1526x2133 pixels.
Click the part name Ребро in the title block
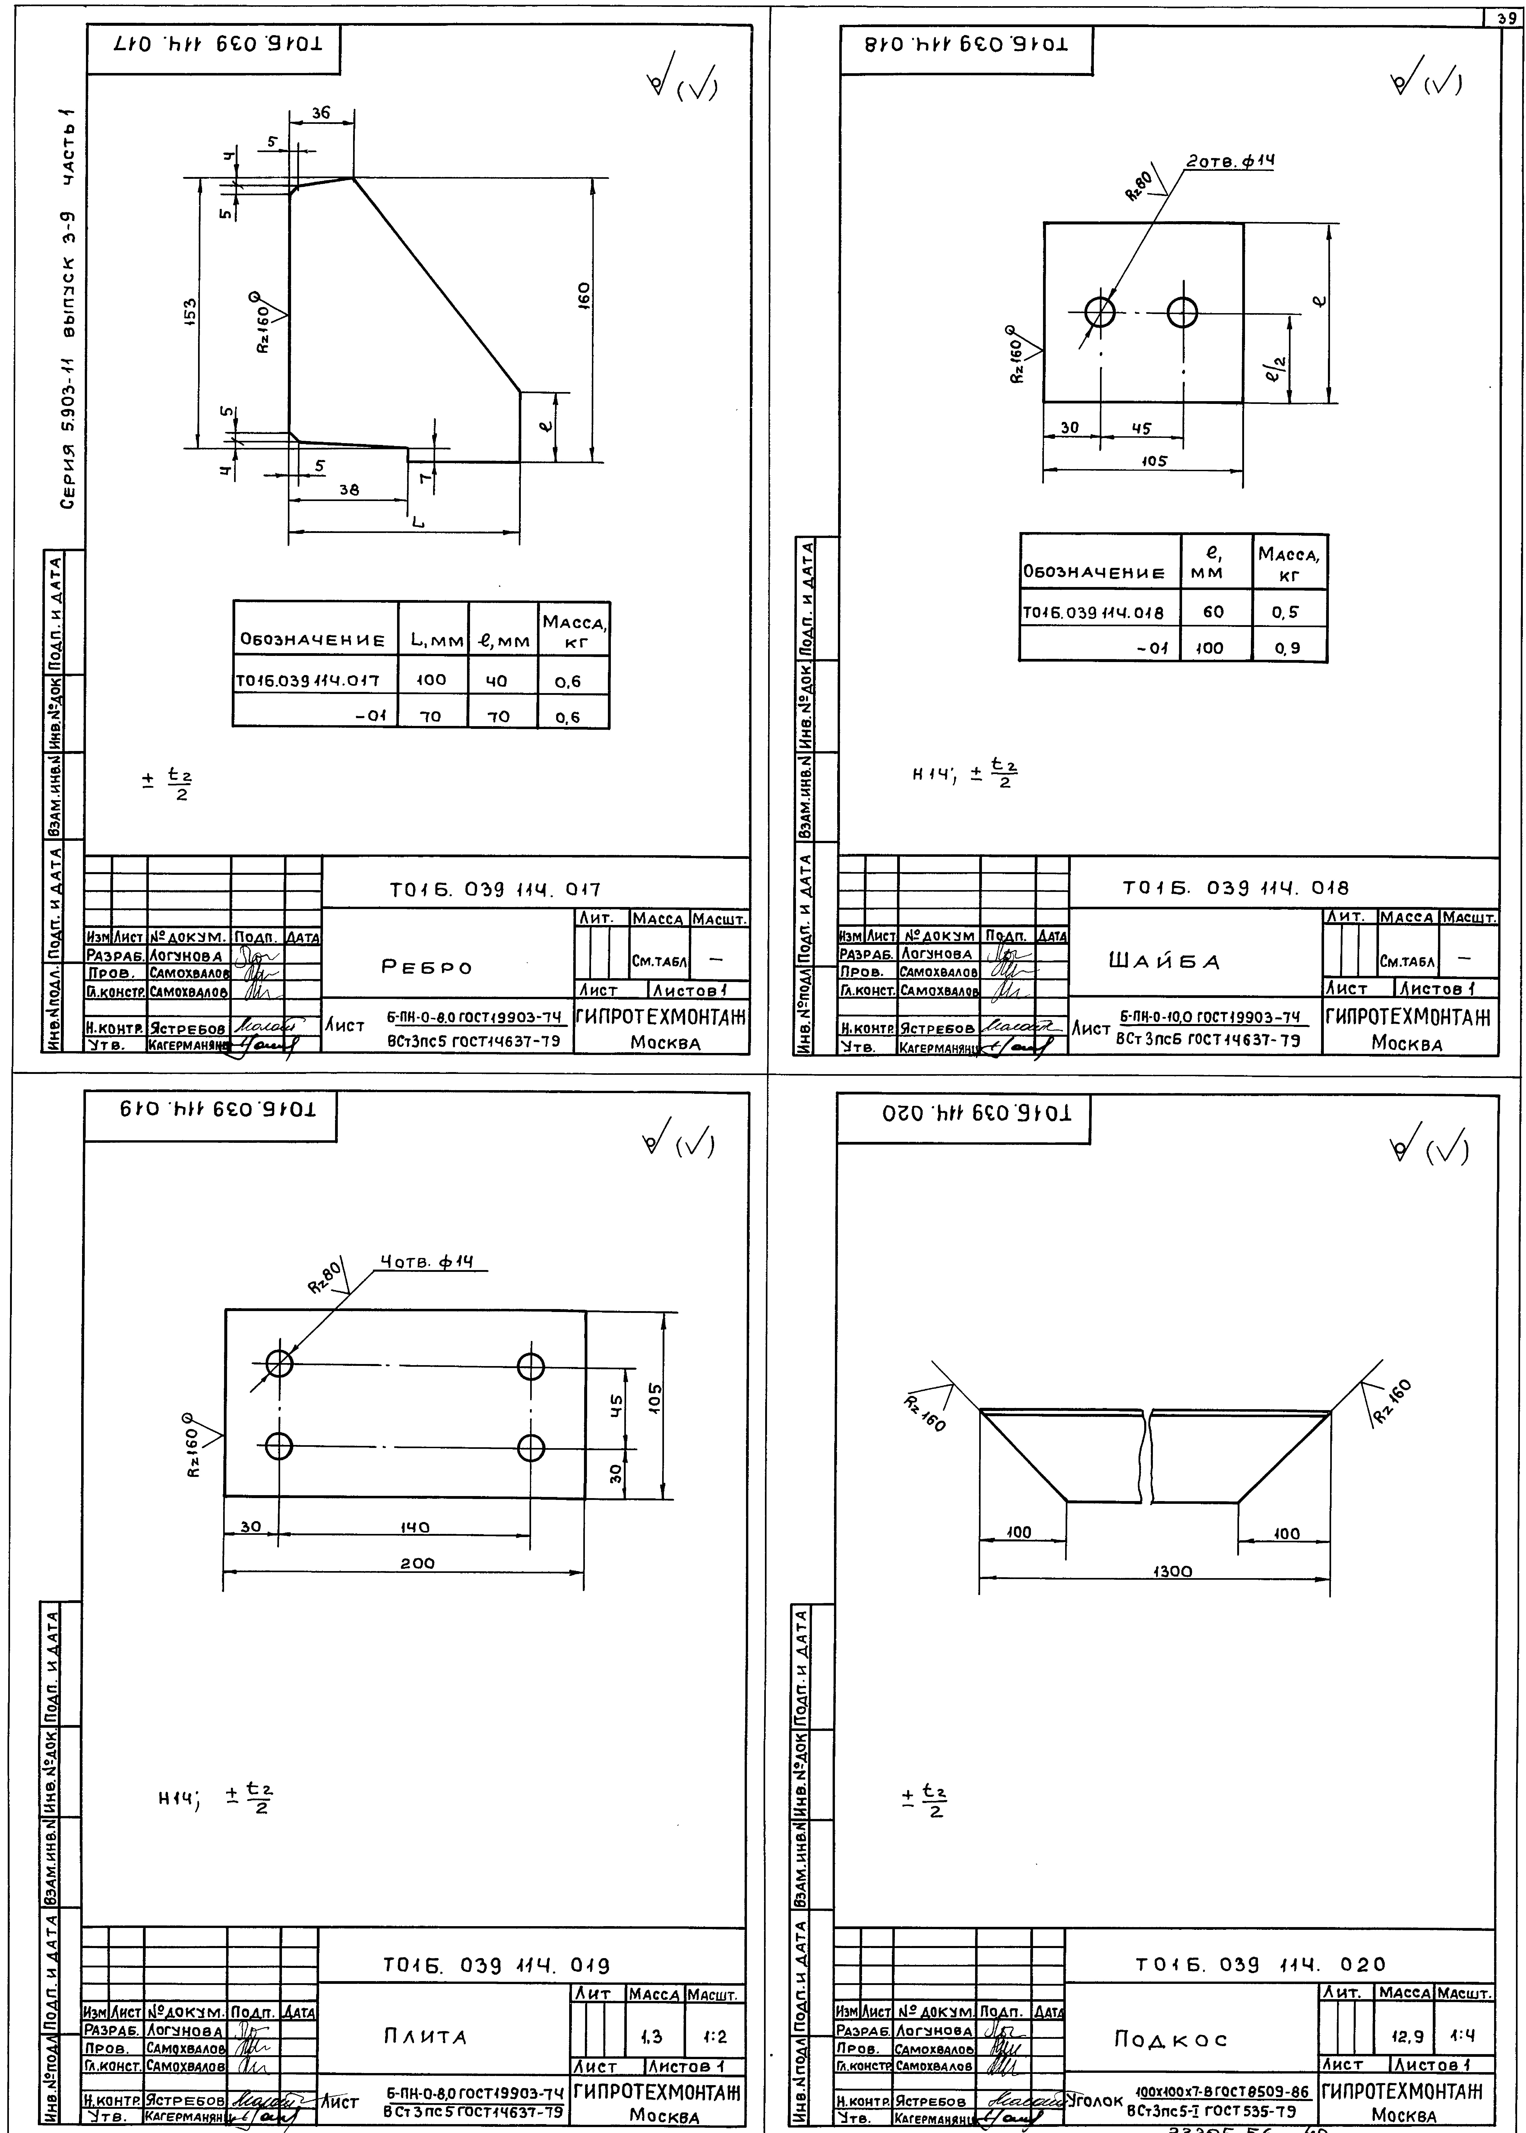pyautogui.click(x=427, y=967)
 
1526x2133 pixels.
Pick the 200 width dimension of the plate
pyautogui.click(x=417, y=1563)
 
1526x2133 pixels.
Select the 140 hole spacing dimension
pyautogui.click(x=414, y=1528)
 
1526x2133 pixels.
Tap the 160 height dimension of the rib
pyautogui.click(x=584, y=294)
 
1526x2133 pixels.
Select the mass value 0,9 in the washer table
pyautogui.click(x=1287, y=648)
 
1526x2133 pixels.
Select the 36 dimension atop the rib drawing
pyautogui.click(x=321, y=113)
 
